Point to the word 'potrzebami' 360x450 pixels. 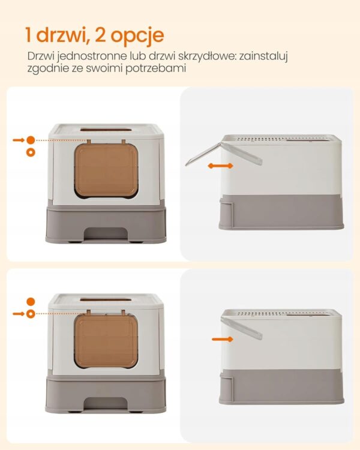click(156, 69)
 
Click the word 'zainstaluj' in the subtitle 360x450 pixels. click(263, 56)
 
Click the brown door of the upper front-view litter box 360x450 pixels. click(106, 170)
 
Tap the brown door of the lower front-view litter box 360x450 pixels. click(106, 340)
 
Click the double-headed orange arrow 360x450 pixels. click(220, 166)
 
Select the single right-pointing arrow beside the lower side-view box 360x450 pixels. click(223, 339)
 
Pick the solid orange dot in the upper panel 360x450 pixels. click(31, 140)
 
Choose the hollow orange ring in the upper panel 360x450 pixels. click(31, 152)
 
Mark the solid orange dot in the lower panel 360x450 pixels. click(31, 302)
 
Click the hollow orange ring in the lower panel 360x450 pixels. click(31, 314)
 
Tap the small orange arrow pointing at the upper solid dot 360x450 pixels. click(19, 140)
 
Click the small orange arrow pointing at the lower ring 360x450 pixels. click(19, 314)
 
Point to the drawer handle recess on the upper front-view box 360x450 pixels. click(106, 233)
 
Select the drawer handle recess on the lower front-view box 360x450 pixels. click(106, 403)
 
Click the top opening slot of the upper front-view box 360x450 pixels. click(106, 130)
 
